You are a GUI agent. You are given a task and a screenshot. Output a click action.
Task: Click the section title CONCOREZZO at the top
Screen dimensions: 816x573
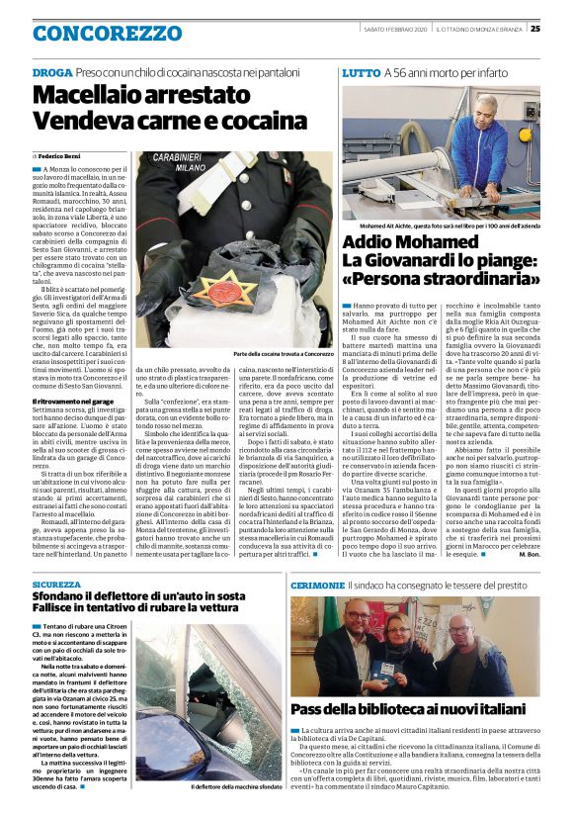click(x=99, y=34)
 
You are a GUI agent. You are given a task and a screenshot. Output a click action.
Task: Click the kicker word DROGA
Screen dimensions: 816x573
click(x=51, y=74)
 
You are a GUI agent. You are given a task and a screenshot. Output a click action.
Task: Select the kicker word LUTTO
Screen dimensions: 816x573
click(x=361, y=74)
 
